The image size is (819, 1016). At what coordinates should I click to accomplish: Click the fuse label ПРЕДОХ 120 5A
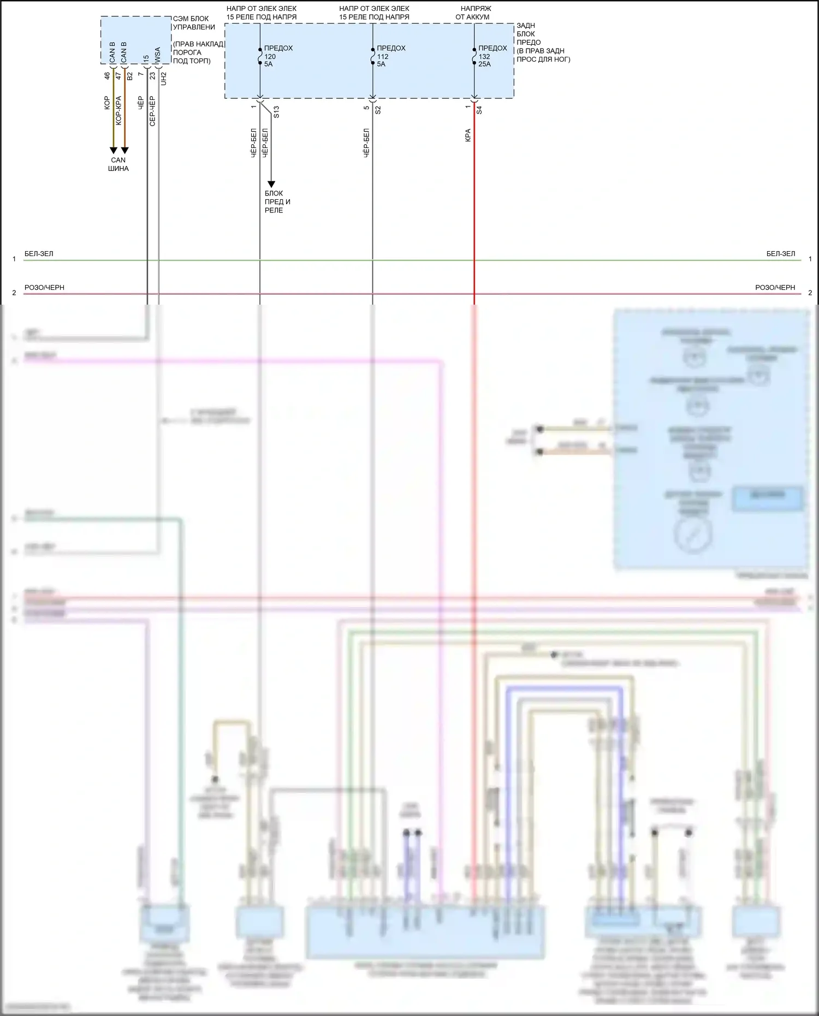[x=278, y=56]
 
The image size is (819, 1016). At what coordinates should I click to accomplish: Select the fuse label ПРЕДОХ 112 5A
[x=390, y=56]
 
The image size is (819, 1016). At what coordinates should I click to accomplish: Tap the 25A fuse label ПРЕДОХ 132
[x=492, y=56]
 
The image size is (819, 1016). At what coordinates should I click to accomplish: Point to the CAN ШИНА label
[x=118, y=164]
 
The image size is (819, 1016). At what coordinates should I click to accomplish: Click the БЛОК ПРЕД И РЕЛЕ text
[x=277, y=201]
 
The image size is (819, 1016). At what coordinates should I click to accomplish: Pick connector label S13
[x=276, y=112]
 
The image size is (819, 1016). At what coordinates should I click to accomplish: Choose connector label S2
[x=378, y=110]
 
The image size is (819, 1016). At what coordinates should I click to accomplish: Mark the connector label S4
[x=479, y=110]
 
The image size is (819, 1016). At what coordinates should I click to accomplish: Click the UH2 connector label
[x=164, y=79]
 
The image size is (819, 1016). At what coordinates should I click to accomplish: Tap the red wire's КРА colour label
[x=468, y=135]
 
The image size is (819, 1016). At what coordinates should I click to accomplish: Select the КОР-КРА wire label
[x=118, y=111]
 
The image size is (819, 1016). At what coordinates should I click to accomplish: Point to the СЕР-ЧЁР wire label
[x=152, y=111]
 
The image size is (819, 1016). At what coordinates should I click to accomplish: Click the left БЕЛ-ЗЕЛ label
[x=39, y=254]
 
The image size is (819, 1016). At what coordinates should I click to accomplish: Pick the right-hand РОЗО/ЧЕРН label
[x=775, y=288]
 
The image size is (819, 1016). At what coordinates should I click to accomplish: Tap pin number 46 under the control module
[x=107, y=76]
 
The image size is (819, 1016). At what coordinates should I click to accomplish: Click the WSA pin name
[x=157, y=55]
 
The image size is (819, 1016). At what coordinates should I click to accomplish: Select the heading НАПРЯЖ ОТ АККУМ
[x=474, y=13]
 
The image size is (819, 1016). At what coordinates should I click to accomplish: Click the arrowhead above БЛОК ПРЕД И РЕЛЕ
[x=271, y=185]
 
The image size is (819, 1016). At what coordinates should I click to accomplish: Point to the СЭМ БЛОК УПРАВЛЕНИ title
[x=194, y=23]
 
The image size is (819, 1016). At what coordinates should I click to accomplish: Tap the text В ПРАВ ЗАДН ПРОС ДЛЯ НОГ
[x=543, y=55]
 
